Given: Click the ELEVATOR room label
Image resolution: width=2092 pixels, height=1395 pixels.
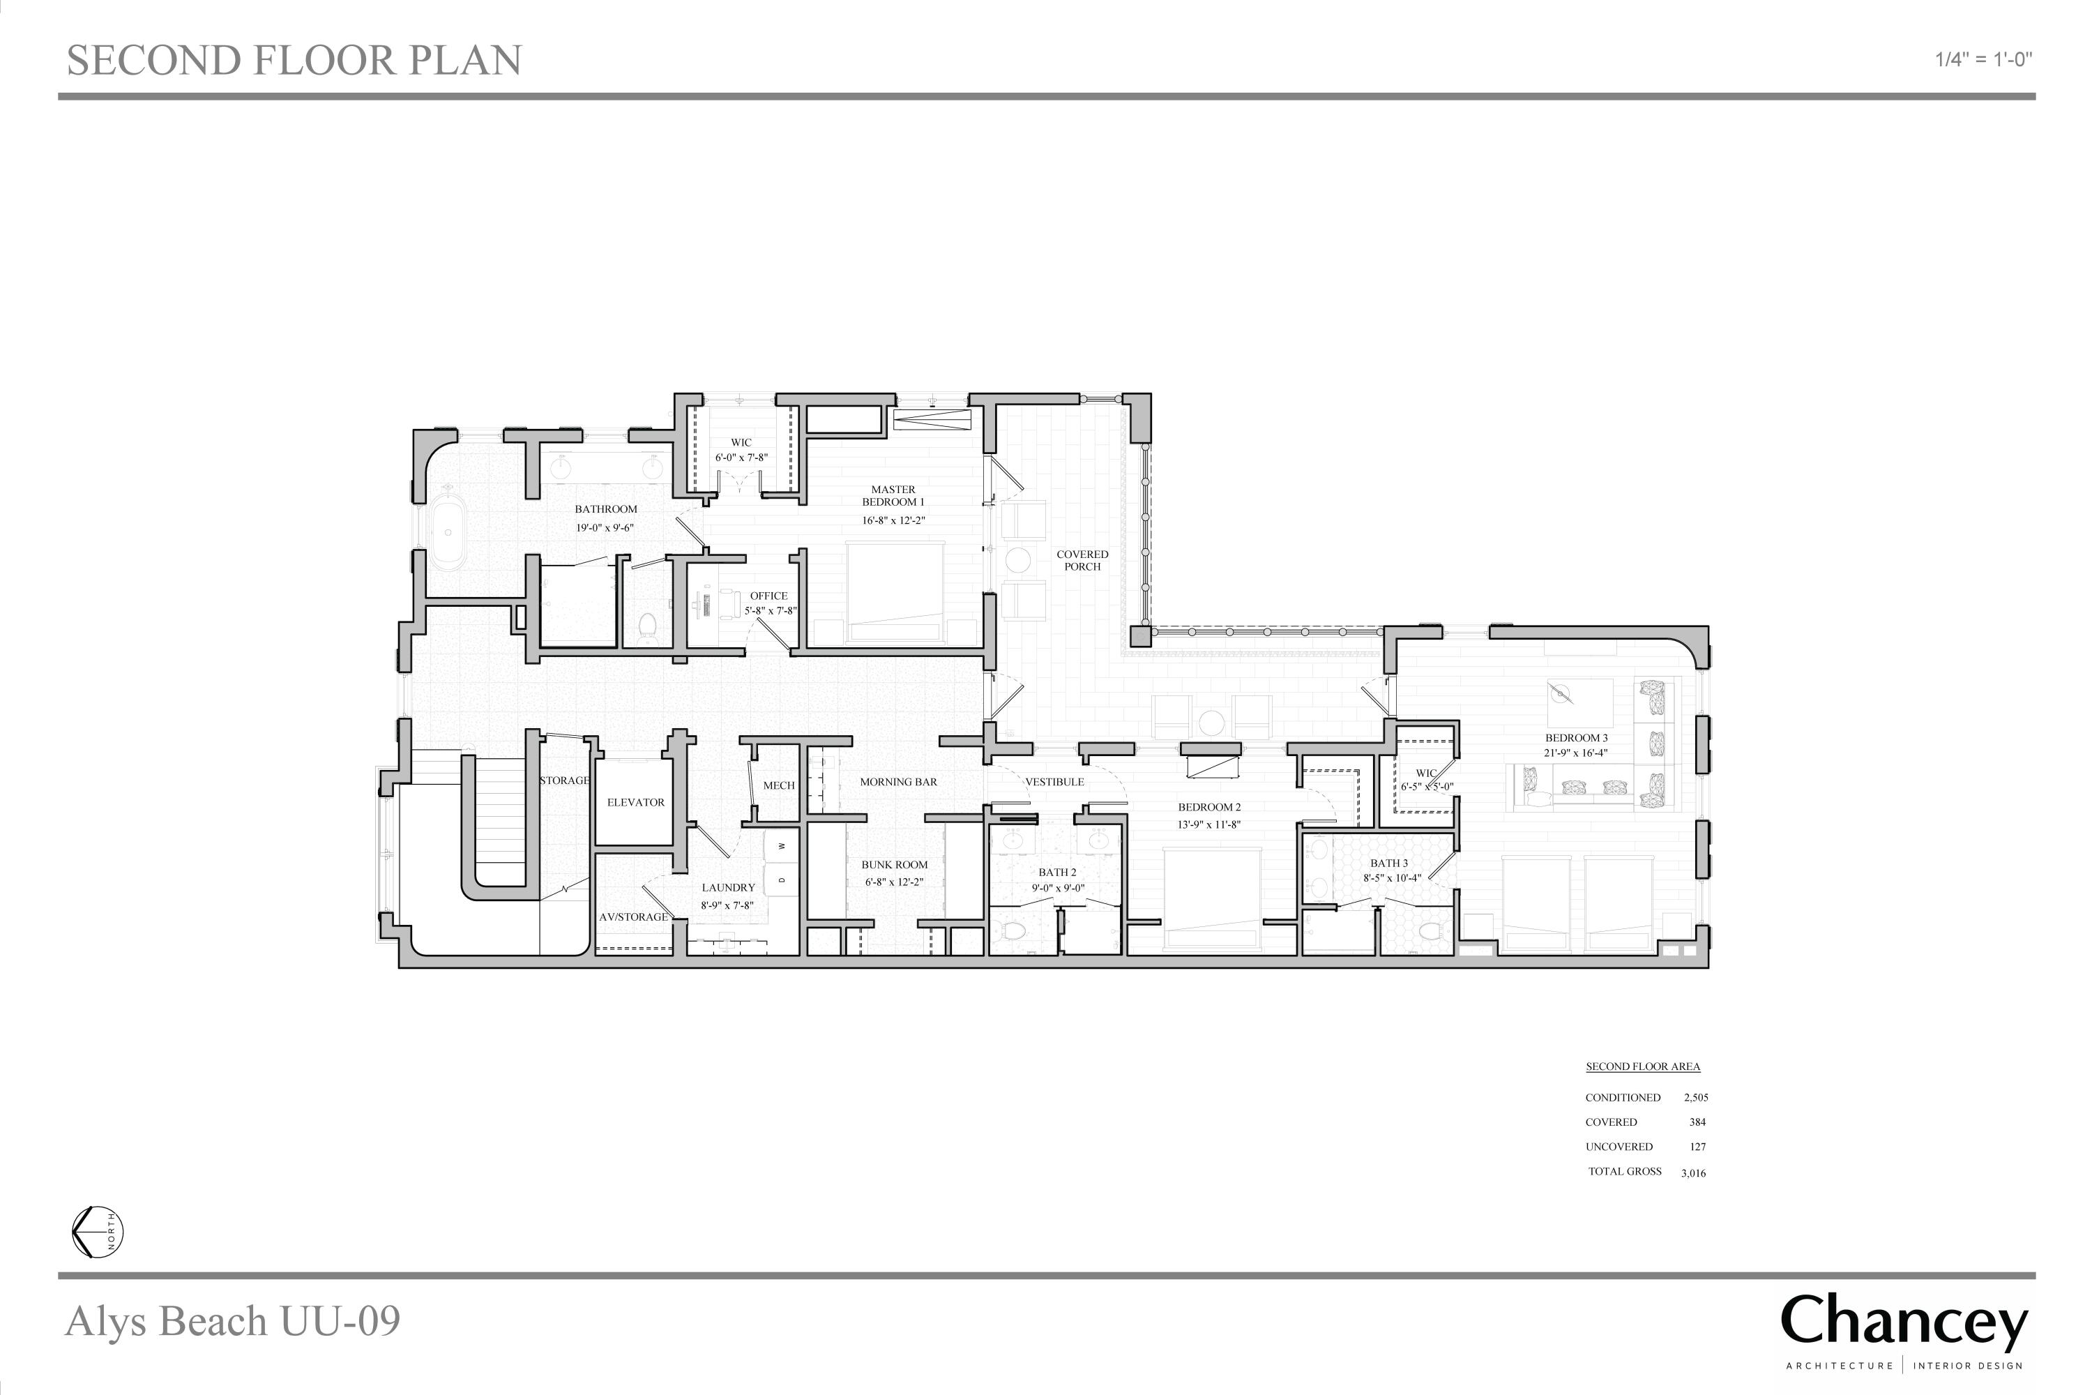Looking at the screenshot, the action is click(635, 803).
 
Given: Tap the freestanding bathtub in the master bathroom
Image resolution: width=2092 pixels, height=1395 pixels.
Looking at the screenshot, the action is click(448, 533).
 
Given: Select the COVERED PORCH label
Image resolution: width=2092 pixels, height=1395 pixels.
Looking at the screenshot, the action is click(1082, 561).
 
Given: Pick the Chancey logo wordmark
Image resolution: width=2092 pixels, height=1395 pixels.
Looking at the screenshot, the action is click(1904, 1323).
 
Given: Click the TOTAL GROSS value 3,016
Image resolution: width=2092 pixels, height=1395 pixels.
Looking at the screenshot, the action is click(1694, 1172).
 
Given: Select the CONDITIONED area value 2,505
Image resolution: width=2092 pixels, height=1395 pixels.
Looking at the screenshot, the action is click(1696, 1098).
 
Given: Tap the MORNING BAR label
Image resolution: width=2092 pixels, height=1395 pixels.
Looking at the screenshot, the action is click(898, 782).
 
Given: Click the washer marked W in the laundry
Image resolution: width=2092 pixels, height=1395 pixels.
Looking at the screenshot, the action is click(782, 845).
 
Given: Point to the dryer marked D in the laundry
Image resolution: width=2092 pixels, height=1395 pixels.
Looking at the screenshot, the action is click(782, 880).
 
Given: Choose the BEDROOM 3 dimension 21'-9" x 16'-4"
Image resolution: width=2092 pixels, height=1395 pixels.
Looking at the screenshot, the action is click(1576, 753).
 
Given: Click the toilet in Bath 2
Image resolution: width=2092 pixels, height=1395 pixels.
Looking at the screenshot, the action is click(1015, 931).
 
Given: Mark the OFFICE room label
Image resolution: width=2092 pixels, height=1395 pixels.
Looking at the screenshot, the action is click(768, 596).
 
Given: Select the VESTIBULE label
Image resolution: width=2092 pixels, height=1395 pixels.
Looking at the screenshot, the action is click(1055, 782).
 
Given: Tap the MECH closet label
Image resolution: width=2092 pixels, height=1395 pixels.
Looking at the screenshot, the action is click(778, 785).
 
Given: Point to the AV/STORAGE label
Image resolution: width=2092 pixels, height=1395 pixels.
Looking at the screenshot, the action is click(633, 917).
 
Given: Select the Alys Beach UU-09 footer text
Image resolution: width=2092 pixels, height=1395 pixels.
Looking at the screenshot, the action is click(232, 1321).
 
